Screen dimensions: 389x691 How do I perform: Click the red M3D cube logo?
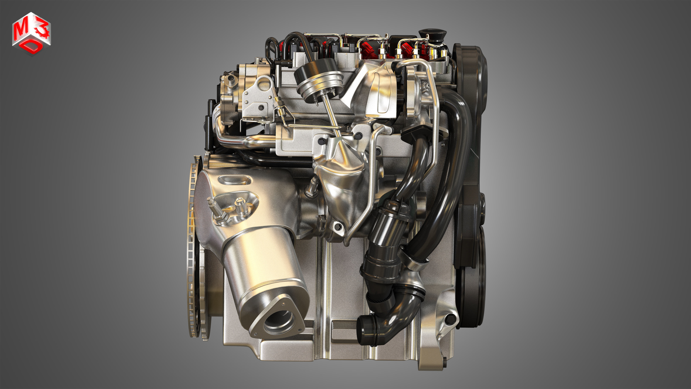pos(31,34)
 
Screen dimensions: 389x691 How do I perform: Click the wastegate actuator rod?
pos(333,115)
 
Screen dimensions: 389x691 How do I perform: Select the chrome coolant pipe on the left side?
pos(241,141)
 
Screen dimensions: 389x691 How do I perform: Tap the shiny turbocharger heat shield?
pos(341,183)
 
